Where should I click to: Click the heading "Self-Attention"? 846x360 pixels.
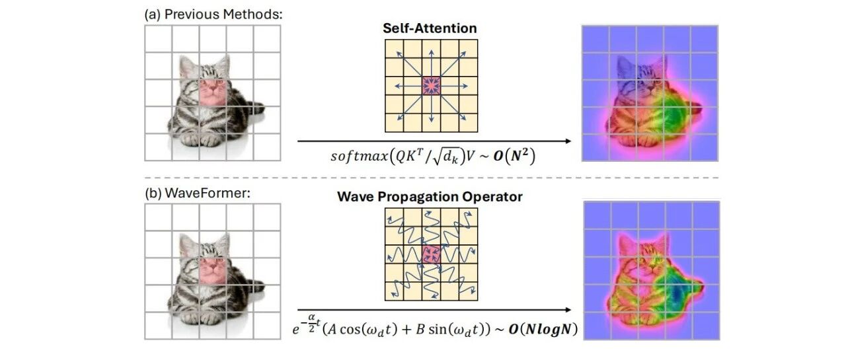pos(430,28)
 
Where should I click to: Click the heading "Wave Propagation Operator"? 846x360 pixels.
pos(430,197)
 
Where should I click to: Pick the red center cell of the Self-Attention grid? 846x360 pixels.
pos(431,85)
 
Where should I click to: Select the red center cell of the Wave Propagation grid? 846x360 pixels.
pos(431,254)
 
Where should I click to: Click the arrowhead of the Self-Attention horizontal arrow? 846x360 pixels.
pos(568,141)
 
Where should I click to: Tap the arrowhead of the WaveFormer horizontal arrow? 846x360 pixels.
pos(568,309)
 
